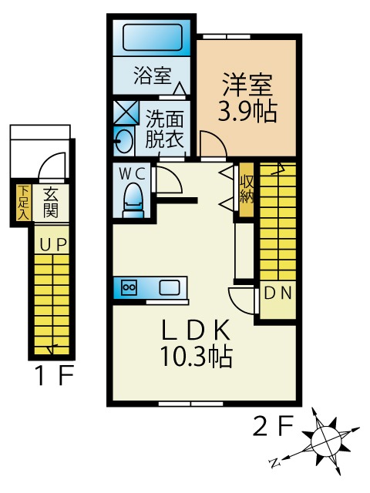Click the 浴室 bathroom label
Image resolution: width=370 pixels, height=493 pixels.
(x=151, y=75)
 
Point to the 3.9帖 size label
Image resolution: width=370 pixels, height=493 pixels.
(x=247, y=112)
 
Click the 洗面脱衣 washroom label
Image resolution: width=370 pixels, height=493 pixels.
(x=165, y=130)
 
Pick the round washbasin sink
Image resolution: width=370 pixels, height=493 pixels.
(x=122, y=140)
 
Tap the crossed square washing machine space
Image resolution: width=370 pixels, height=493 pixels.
(x=124, y=112)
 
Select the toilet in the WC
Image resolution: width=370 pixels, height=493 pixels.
(x=133, y=198)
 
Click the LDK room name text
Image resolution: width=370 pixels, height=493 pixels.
(x=196, y=330)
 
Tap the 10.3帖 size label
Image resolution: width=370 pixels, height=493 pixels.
(x=197, y=357)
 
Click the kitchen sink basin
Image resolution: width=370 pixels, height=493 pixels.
(x=170, y=288)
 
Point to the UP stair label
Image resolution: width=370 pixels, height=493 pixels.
(x=52, y=245)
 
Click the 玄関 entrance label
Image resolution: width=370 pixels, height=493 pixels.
(x=51, y=202)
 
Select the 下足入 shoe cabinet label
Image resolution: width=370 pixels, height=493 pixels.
(x=23, y=202)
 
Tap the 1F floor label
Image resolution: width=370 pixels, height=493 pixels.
(x=53, y=377)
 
